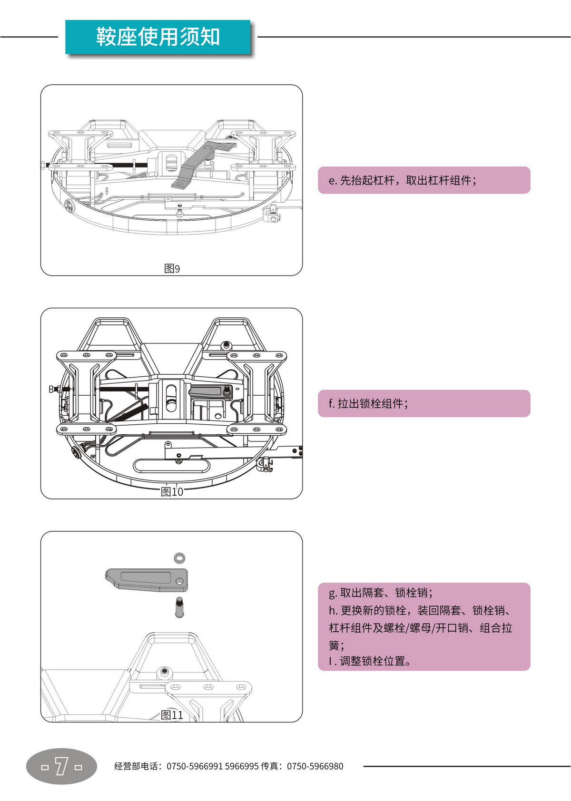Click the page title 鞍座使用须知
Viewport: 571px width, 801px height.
158,37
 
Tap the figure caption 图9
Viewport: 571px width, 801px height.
172,269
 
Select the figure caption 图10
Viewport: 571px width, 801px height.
172,492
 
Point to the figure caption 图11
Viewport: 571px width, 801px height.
172,715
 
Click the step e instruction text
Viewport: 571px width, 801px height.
403,180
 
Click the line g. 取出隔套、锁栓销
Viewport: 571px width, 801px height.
381,593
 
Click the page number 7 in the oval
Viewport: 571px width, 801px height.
61,766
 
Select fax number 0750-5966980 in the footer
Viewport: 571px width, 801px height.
315,766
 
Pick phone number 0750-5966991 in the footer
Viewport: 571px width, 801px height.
194,766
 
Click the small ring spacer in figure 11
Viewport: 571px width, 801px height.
179,557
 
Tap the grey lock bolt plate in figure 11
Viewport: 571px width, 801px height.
146,579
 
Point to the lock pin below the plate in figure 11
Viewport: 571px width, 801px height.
179,607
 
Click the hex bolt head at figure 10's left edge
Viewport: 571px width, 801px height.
51,389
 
